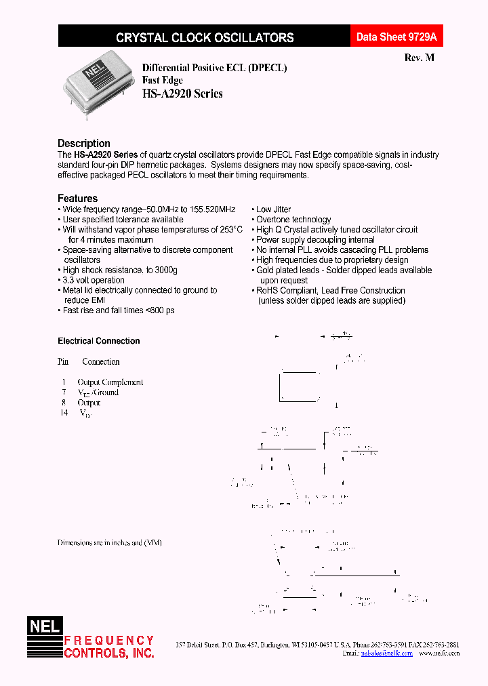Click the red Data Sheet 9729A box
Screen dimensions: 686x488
397,37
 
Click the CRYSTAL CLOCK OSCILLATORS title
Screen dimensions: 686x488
205,38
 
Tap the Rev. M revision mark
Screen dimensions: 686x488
419,58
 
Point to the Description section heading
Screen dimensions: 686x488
83,143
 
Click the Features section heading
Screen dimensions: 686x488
77,198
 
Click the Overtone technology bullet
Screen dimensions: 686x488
293,220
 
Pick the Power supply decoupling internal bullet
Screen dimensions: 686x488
314,239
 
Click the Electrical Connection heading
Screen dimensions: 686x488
98,341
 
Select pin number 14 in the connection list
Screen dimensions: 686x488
64,412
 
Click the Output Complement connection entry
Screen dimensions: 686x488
110,382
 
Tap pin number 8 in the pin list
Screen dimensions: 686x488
63,402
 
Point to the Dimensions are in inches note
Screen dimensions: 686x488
109,542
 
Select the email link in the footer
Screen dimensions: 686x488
386,653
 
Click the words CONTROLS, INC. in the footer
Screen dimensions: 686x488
108,653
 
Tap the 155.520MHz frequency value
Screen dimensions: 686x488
213,209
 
